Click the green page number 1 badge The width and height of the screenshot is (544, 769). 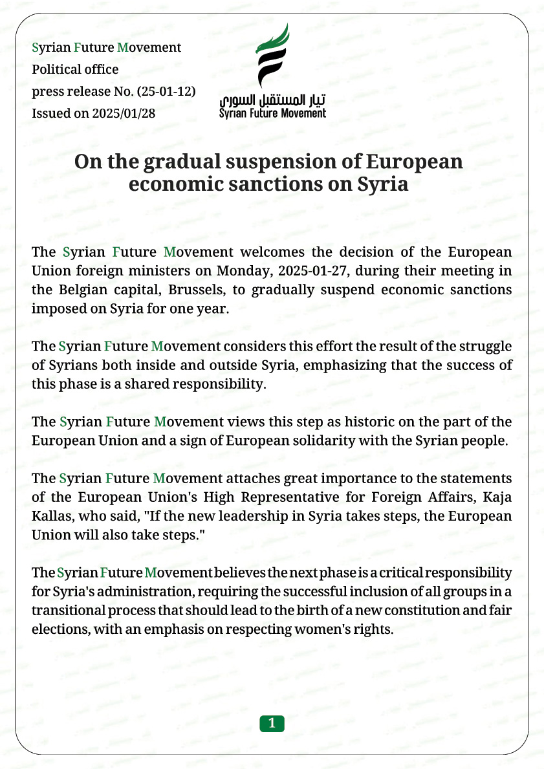[x=272, y=724]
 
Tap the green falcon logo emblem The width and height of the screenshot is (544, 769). [x=271, y=57]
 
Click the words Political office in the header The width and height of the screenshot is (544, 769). [x=75, y=69]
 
